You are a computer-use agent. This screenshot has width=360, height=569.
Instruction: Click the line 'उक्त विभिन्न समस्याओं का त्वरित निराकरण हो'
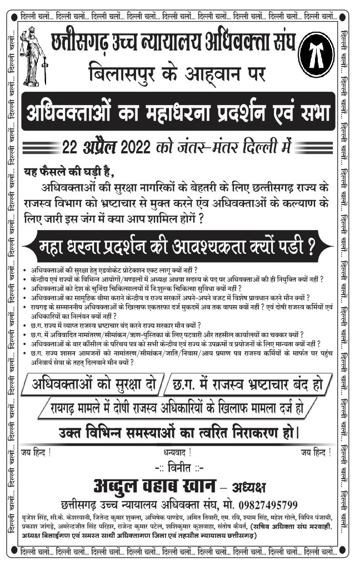[179, 432]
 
